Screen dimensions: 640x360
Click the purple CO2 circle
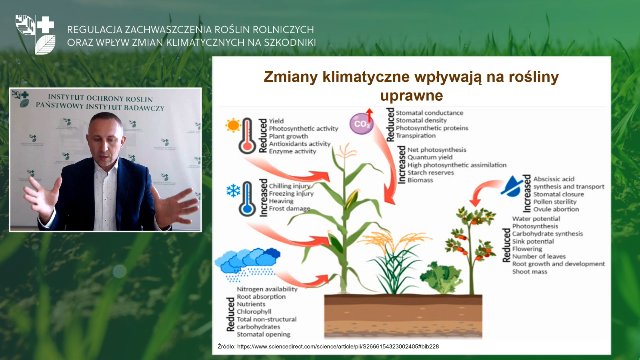coord(361,123)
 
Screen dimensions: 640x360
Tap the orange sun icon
coord(233,125)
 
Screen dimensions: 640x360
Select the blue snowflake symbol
coord(233,191)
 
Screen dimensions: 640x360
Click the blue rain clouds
coord(247,264)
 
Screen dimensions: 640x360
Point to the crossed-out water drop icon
coord(512,186)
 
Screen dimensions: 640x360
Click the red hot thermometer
coord(247,136)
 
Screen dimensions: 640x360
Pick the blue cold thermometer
coord(247,199)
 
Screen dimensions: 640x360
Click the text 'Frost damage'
coord(289,209)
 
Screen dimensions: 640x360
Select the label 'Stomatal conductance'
coord(429,113)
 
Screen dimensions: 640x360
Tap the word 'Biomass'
coord(420,180)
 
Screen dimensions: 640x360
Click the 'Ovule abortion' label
coord(556,209)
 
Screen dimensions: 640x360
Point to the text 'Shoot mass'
coord(529,271)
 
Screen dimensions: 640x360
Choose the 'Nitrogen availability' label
coord(267,289)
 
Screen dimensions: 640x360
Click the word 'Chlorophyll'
coord(254,312)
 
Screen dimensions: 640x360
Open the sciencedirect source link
coord(338,347)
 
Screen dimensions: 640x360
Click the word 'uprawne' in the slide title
coord(411,95)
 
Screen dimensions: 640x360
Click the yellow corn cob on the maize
coord(352,199)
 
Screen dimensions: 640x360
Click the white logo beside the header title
coord(35,34)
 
